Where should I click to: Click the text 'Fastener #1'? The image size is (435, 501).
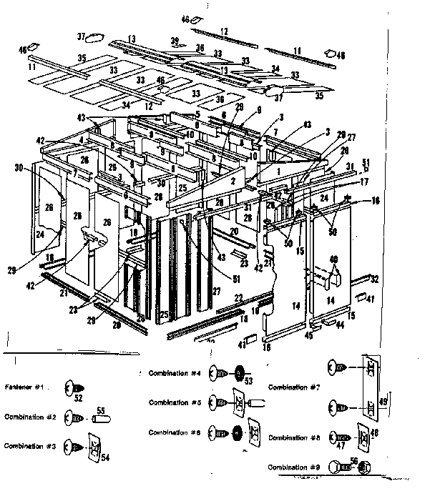[25, 387]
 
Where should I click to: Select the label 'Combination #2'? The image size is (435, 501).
[29, 417]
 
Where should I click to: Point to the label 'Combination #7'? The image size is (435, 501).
[293, 387]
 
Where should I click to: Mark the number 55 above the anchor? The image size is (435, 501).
[101, 410]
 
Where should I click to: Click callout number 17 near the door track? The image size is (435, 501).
[364, 182]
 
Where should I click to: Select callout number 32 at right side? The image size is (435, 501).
[374, 279]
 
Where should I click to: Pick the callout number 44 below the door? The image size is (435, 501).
[341, 325]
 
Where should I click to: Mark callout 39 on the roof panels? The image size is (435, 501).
[174, 41]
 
